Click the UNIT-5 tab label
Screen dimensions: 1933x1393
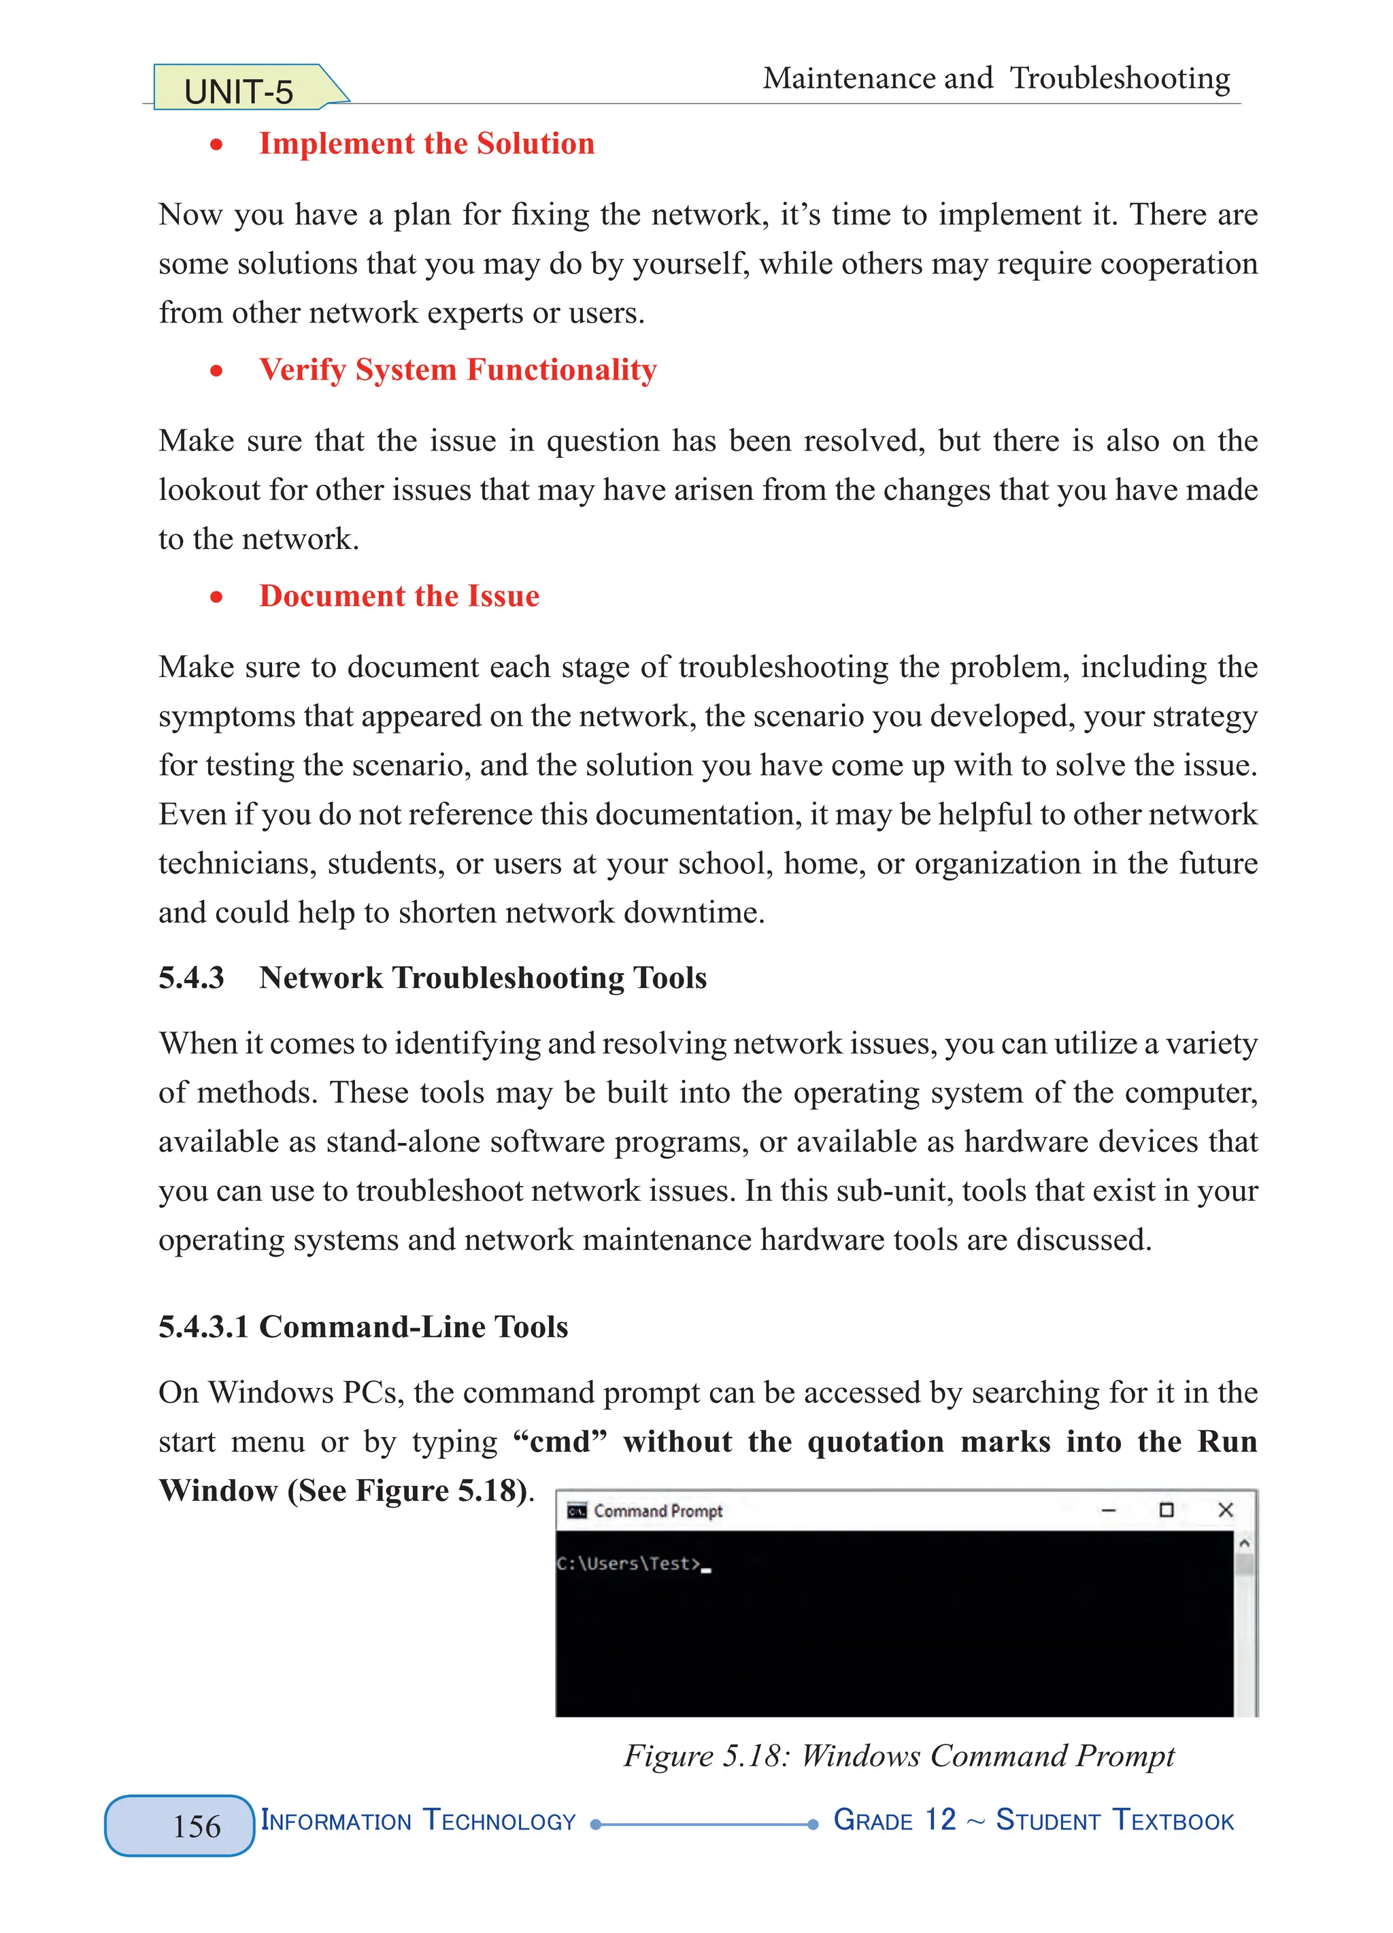(x=239, y=91)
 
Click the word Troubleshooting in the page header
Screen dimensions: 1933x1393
(x=1119, y=78)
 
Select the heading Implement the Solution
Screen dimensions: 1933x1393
(x=426, y=143)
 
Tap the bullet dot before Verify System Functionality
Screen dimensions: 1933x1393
(x=216, y=371)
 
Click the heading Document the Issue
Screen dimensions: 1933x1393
(x=399, y=596)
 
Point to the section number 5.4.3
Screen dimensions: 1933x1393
(x=191, y=978)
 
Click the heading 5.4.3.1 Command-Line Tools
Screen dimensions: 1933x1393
(x=363, y=1327)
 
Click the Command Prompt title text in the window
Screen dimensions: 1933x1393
(x=658, y=1511)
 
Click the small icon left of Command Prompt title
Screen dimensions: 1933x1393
(x=577, y=1511)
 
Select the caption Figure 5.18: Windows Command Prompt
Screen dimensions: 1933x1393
(x=898, y=1755)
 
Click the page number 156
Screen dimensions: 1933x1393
(x=196, y=1826)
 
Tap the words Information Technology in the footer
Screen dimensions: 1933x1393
(x=418, y=1821)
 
